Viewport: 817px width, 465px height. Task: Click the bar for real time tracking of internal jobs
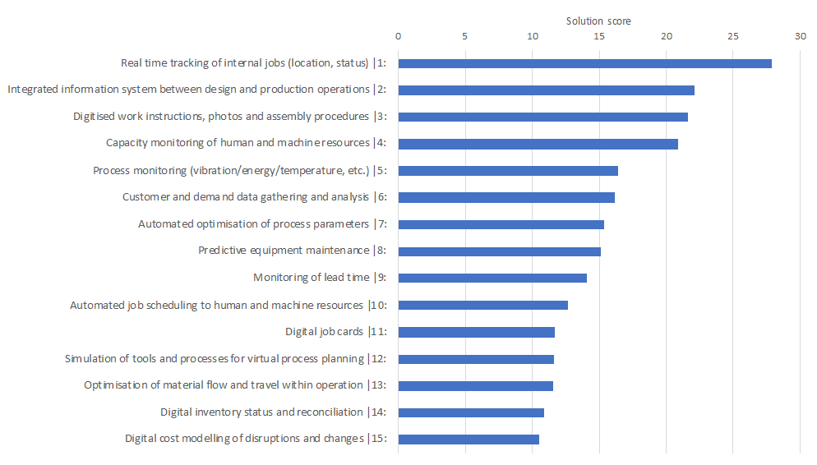point(584,63)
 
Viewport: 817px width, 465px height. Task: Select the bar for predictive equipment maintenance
point(499,251)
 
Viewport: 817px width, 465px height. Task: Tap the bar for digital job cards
point(476,332)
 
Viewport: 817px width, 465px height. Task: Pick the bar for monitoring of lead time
point(492,278)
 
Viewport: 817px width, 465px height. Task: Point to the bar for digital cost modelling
point(469,440)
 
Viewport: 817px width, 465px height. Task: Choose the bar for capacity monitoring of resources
point(538,144)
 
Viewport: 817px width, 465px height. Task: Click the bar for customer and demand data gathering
point(506,197)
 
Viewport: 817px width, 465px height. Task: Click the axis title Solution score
point(598,21)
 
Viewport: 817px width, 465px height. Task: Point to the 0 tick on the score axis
point(399,36)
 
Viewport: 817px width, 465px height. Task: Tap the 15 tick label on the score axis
point(599,36)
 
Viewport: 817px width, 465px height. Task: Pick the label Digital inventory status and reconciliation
point(261,412)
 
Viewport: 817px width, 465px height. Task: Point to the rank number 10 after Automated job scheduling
point(380,306)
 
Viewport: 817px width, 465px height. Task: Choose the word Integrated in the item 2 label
point(33,90)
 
